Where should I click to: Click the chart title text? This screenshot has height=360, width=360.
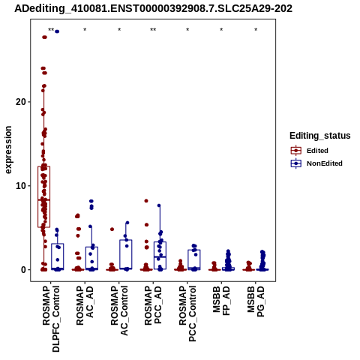tap(153, 9)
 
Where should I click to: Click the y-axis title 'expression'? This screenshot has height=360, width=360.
tap(8, 150)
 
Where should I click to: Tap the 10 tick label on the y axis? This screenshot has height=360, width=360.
tap(21, 186)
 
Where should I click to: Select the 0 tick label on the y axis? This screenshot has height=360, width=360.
tap(24, 270)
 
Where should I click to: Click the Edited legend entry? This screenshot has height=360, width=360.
tap(317, 151)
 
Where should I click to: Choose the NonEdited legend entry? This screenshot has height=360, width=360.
tap(316, 163)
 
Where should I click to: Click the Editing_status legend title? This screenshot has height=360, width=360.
tap(320, 136)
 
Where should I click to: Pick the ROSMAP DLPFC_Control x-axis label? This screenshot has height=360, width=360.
tap(51, 319)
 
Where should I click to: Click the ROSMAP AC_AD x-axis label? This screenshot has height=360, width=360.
tap(85, 305)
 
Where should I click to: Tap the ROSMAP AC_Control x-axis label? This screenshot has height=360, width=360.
tap(119, 310)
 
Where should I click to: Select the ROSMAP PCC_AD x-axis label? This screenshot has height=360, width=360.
tap(153, 305)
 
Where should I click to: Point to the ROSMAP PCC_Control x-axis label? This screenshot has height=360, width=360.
tap(187, 313)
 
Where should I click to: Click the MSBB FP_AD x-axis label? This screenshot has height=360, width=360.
tap(221, 301)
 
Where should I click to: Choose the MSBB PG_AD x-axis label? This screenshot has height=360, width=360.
tap(256, 301)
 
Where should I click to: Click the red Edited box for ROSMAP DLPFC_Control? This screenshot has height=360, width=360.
tap(44, 196)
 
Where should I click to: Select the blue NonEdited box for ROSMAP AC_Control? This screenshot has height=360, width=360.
tap(126, 254)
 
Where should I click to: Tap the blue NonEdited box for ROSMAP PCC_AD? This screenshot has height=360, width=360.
tap(160, 256)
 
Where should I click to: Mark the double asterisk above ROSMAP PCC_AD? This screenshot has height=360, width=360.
tap(153, 30)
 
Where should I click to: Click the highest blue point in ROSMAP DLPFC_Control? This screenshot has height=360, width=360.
tap(57, 31)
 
